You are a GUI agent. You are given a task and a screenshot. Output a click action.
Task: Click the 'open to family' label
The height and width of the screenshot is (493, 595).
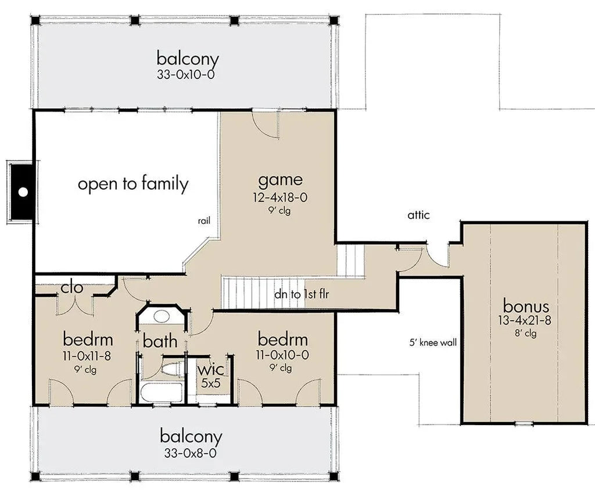point(133,184)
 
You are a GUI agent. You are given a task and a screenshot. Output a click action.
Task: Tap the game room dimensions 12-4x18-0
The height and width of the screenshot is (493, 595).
point(279,198)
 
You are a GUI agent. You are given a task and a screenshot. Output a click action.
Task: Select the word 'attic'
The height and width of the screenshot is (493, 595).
point(418,215)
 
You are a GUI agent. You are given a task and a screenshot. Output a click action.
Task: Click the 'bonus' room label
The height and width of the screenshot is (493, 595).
point(526,306)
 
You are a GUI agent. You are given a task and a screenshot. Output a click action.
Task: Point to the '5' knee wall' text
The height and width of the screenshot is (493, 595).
point(433,343)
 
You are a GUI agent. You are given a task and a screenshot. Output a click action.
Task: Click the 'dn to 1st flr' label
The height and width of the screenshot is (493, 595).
point(302,294)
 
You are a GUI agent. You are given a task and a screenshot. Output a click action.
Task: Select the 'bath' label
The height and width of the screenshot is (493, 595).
point(160,341)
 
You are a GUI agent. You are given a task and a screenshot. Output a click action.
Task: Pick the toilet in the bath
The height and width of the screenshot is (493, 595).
point(171,368)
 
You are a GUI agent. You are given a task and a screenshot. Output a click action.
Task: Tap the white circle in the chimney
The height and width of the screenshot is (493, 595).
point(23,192)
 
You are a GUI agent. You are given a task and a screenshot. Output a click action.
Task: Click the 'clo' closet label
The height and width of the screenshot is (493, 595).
point(72,287)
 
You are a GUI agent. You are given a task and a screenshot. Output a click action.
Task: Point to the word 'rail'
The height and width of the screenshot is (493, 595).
point(203,221)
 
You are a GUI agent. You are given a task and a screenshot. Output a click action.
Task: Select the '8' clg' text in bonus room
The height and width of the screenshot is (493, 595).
point(526,333)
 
